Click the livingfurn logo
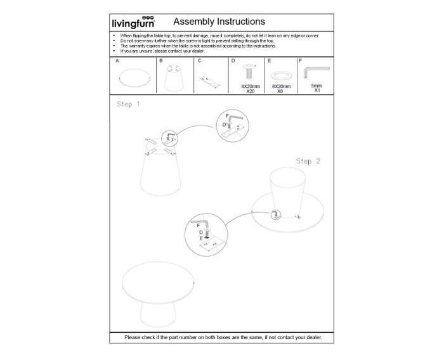(x=133, y=23)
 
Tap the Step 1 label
(x=128, y=104)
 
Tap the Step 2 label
(x=308, y=161)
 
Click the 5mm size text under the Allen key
(x=317, y=85)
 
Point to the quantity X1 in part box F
(x=317, y=90)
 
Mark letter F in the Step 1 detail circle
(x=226, y=116)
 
